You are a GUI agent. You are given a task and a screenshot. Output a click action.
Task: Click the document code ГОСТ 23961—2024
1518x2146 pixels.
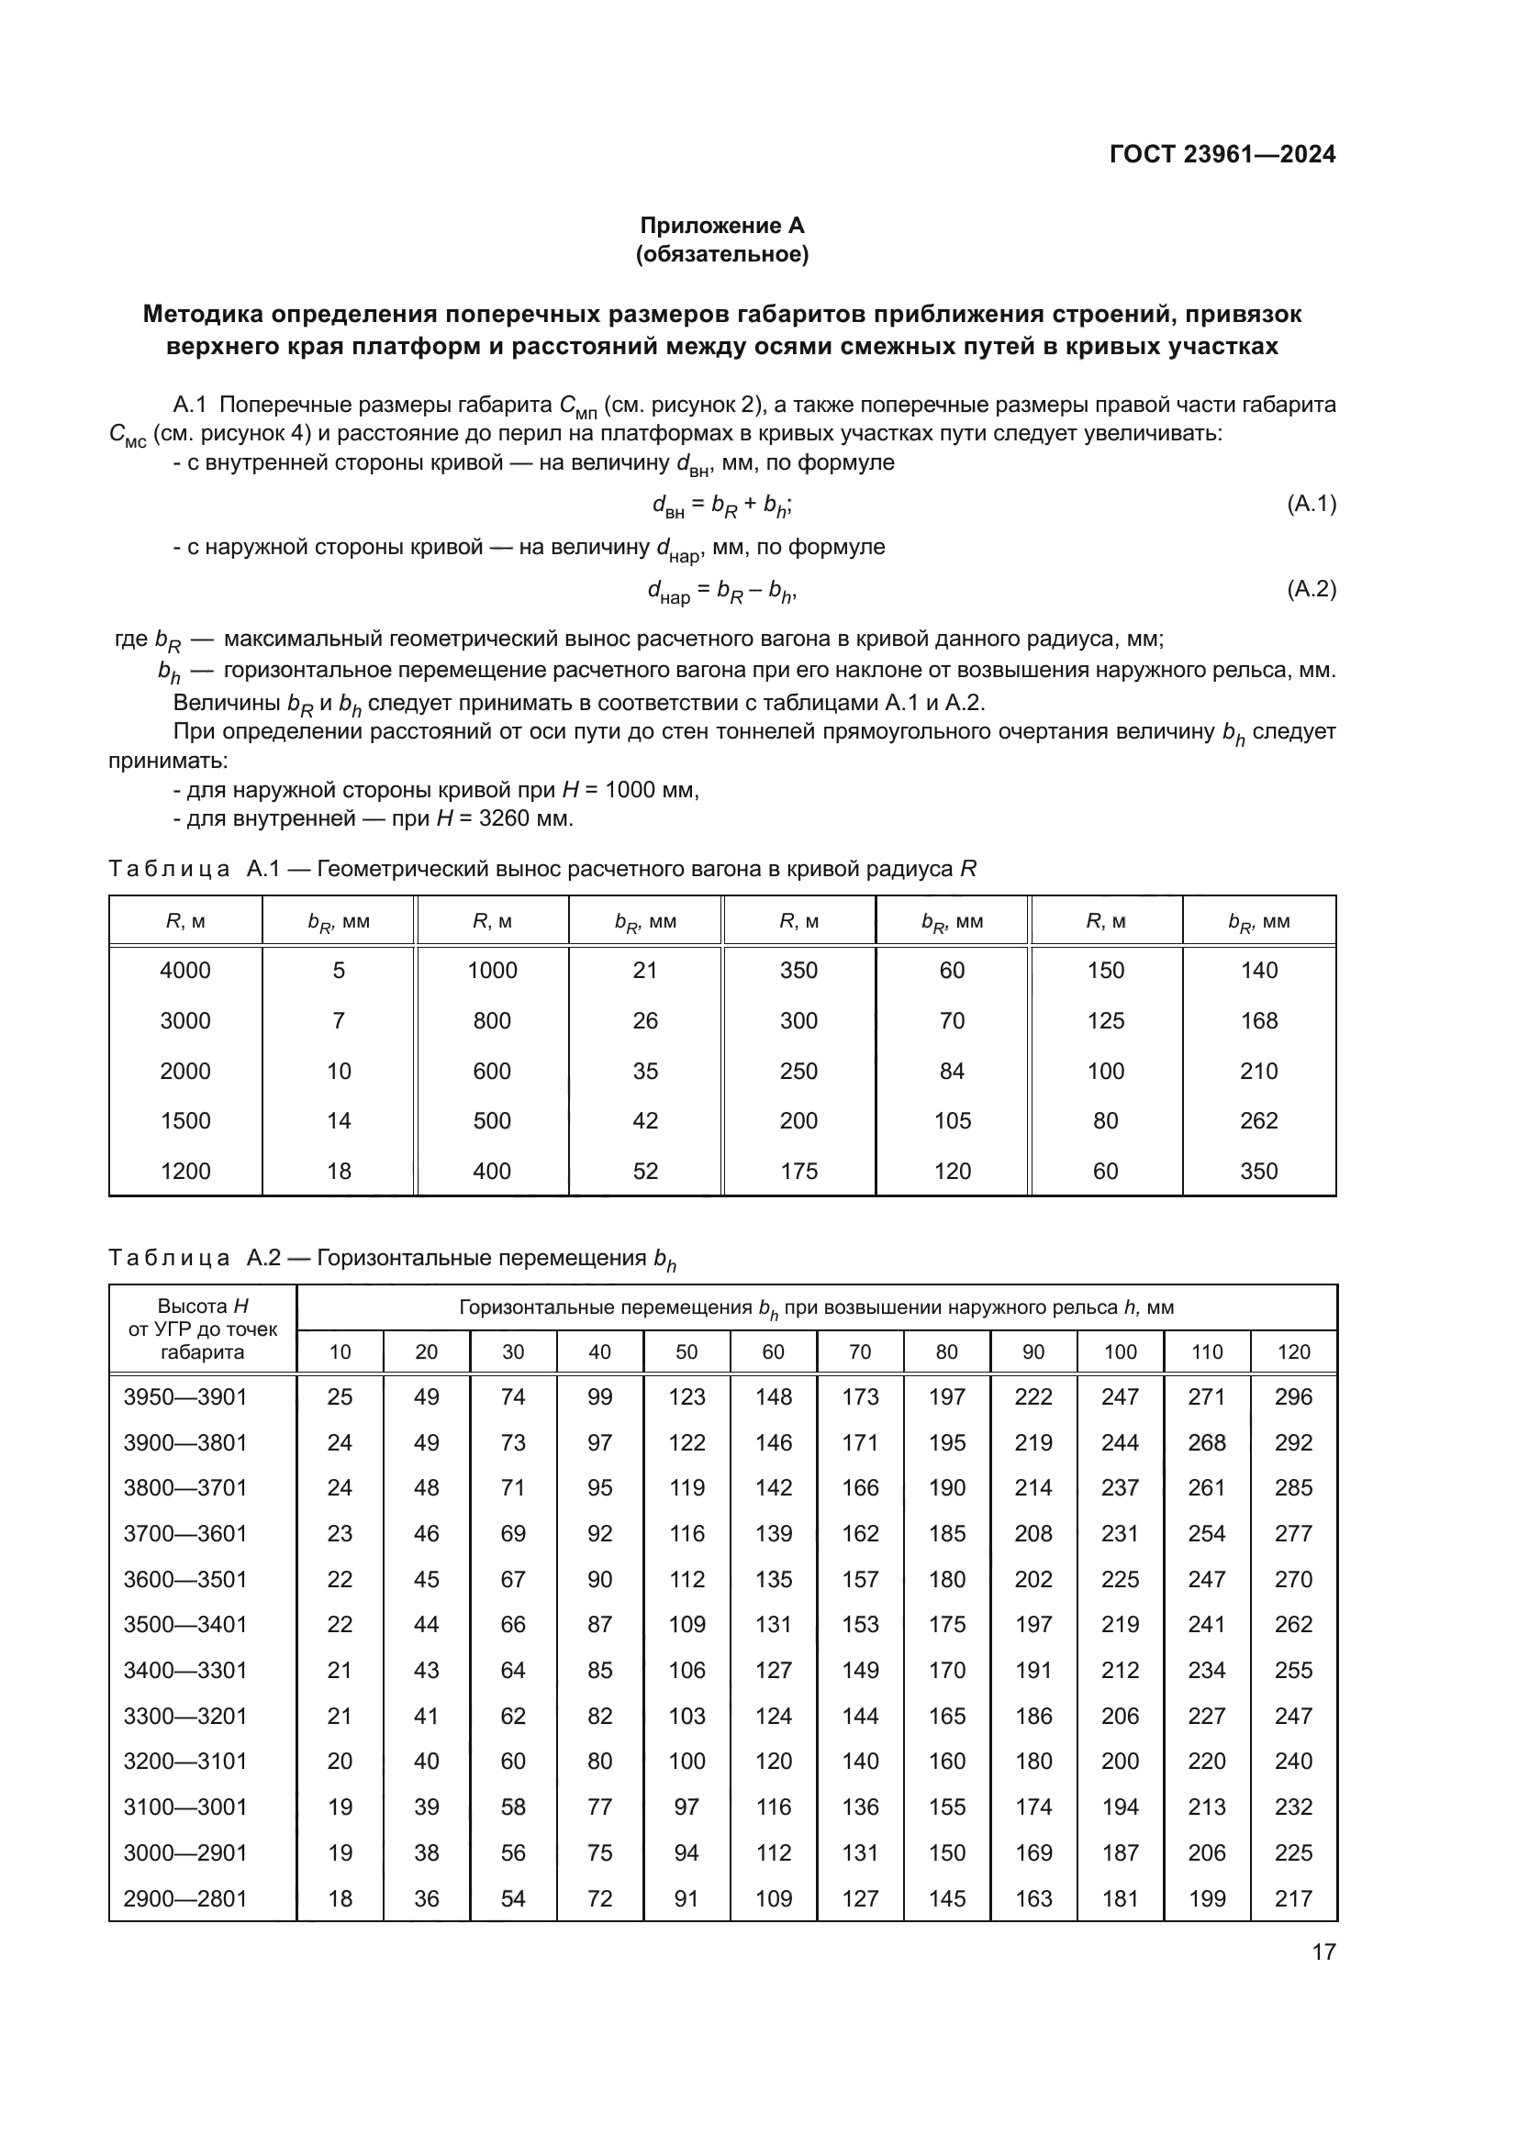[1222, 154]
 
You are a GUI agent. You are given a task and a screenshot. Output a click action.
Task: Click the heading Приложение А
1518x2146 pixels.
[721, 226]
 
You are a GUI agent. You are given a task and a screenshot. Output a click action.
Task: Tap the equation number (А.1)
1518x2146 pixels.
[1312, 505]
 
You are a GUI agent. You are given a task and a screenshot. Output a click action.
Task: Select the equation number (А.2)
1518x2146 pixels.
[1312, 589]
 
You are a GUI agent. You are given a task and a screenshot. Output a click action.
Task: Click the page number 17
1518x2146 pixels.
[1323, 1951]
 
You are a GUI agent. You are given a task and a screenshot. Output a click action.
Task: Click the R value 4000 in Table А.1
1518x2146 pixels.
[185, 970]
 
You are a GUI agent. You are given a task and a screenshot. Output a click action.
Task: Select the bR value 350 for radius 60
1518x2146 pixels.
[1258, 1171]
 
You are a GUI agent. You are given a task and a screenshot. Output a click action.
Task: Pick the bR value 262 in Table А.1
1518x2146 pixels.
[1258, 1120]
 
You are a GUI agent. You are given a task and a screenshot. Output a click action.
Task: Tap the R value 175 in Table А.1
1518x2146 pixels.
[798, 1171]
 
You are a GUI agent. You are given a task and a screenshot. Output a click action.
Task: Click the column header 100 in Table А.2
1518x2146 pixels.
[1120, 1351]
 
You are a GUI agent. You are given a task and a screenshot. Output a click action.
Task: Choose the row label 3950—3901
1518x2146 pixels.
[185, 1397]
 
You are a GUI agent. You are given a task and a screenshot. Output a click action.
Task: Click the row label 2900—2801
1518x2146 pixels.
[185, 1898]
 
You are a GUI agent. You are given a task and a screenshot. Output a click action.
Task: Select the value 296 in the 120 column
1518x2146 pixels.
[1294, 1397]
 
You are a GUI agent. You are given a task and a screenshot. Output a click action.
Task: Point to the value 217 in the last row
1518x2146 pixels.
[1294, 1898]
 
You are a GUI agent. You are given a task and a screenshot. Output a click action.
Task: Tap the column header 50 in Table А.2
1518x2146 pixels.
[686, 1351]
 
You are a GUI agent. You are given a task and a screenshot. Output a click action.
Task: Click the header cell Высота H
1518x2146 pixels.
[203, 1307]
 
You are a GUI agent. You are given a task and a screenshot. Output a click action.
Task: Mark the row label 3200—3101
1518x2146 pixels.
[185, 1761]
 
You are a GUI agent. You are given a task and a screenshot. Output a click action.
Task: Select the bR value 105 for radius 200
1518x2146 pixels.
[952, 1120]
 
